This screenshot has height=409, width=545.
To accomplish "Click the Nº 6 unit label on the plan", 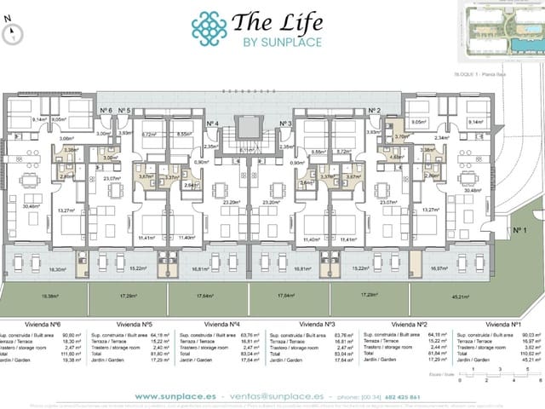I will (x=106, y=111).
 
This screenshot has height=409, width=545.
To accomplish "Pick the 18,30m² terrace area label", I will (x=34, y=268).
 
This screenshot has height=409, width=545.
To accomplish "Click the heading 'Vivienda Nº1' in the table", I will (x=504, y=325).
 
